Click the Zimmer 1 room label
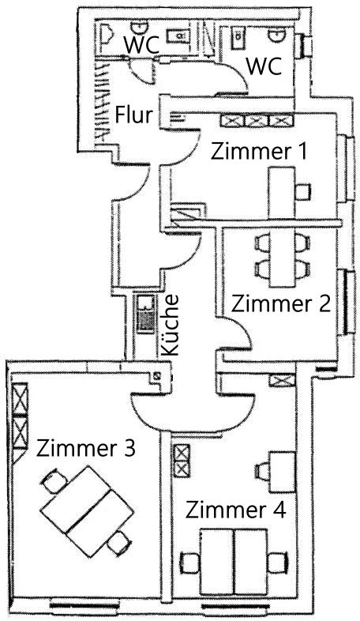[x=259, y=151]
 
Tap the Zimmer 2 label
[x=281, y=303]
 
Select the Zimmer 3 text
[x=86, y=448]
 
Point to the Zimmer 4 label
[x=235, y=510]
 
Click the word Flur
[x=133, y=115]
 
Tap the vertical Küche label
[x=171, y=326]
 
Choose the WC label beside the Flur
[x=141, y=44]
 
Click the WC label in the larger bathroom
[x=264, y=66]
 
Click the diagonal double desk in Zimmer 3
[x=87, y=511]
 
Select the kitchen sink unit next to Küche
[x=145, y=314]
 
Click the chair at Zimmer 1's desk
[x=303, y=193]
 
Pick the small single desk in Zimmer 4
[x=282, y=472]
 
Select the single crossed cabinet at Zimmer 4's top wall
[x=282, y=381]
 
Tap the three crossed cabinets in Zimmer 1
[x=257, y=120]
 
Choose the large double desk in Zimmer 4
[x=234, y=561]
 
